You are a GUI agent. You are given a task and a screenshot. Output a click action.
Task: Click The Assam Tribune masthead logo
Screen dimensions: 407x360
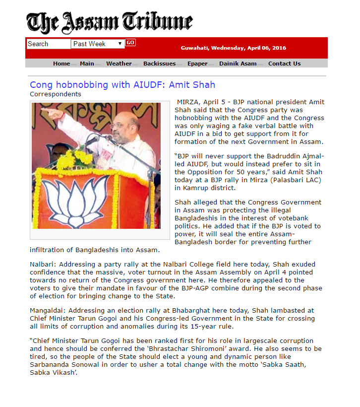109,22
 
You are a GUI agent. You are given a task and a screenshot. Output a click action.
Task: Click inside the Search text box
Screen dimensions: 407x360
48,44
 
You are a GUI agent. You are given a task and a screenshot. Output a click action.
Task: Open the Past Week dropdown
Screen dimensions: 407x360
98,44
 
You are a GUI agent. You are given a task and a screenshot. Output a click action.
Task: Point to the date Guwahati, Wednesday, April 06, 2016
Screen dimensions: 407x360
233,48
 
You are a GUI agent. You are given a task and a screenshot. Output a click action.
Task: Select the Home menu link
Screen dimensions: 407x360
61,64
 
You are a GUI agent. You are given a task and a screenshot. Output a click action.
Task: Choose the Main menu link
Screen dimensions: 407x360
87,64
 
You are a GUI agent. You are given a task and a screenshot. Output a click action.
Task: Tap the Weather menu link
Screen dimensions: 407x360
119,64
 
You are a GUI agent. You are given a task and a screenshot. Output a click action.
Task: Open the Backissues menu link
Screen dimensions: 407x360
159,64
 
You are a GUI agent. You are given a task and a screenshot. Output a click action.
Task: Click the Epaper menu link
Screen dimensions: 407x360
197,64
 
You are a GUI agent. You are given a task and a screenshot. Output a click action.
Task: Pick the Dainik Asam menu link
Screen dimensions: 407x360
238,64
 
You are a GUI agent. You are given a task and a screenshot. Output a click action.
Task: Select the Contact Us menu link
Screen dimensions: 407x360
284,64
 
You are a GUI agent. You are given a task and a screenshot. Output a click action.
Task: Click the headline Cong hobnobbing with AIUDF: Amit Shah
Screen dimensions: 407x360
122,85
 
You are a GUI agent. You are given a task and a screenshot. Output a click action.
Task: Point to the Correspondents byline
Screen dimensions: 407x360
56,94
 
